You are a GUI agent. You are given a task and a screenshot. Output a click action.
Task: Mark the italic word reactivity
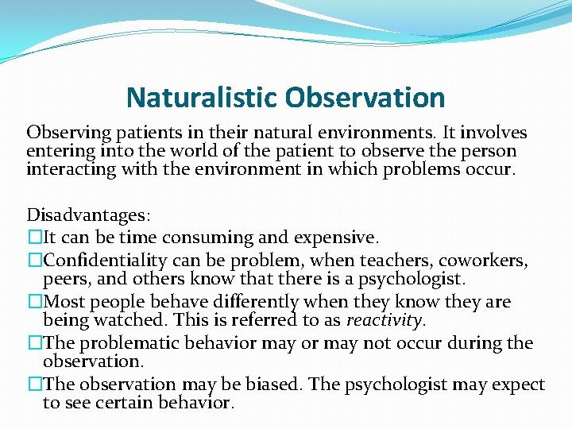click(390, 320)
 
